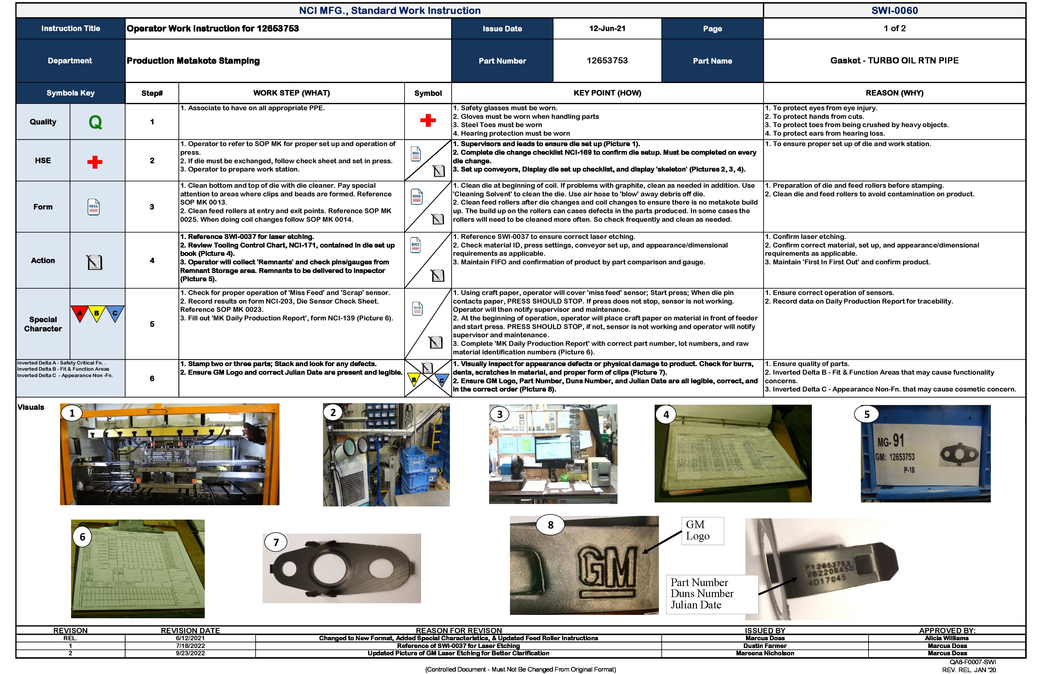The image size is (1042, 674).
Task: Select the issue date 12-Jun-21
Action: point(607,28)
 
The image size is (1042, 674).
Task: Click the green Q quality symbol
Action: point(95,122)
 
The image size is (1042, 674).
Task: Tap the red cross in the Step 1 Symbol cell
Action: point(428,120)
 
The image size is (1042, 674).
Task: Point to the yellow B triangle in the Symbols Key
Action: point(97,312)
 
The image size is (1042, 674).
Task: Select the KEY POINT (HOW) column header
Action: point(607,93)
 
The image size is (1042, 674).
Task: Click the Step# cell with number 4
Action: point(152,260)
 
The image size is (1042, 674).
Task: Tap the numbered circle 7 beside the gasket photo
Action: point(276,542)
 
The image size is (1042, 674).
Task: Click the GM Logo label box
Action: point(702,530)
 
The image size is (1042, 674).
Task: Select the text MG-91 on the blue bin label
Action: point(891,441)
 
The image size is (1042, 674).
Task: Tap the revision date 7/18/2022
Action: point(190,646)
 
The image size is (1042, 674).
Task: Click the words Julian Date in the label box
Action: point(696,605)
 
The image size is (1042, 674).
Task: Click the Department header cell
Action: point(70,60)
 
